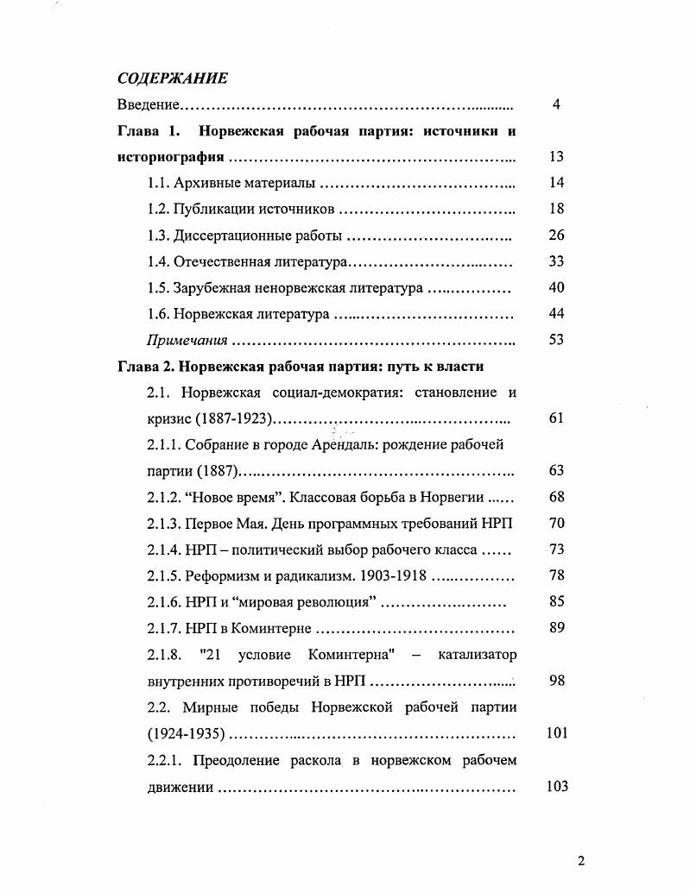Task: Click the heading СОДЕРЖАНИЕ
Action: point(172,79)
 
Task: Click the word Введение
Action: point(148,105)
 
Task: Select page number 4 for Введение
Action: point(556,105)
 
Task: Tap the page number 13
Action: point(556,157)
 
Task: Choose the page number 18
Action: point(556,209)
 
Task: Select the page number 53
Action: point(556,340)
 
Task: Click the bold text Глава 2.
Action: point(144,366)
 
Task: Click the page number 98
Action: point(556,681)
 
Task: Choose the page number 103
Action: point(556,787)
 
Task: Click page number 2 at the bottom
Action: point(580,860)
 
